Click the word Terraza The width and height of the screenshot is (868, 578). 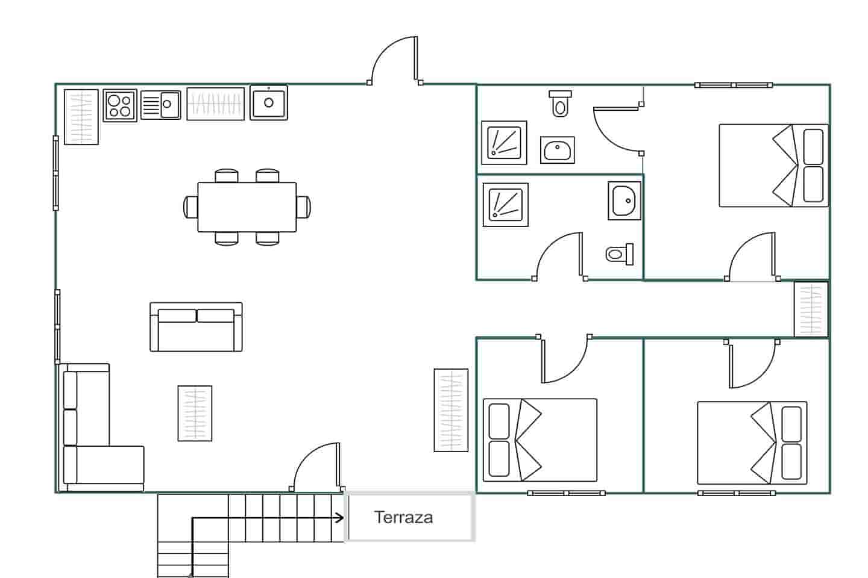point(403,518)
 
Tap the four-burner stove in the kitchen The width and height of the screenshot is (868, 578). point(120,106)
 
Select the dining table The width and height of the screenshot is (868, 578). point(247,207)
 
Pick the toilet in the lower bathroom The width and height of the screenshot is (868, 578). point(620,254)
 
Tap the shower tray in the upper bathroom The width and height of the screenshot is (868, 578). point(504,143)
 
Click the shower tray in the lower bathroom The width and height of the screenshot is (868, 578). point(506,205)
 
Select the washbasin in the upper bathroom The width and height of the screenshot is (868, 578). point(557,150)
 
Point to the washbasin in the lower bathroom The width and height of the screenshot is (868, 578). point(624,200)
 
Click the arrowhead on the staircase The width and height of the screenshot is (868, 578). point(340,518)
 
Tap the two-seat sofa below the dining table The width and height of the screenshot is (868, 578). point(196,327)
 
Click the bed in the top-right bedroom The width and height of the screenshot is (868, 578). point(774,166)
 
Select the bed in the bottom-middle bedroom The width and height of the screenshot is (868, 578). point(540,440)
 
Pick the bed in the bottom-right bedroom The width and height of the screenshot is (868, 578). point(752,443)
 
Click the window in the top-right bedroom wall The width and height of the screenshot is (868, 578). point(734,85)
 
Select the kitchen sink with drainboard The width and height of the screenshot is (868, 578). point(160,105)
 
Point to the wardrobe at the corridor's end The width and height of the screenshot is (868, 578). point(811,309)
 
